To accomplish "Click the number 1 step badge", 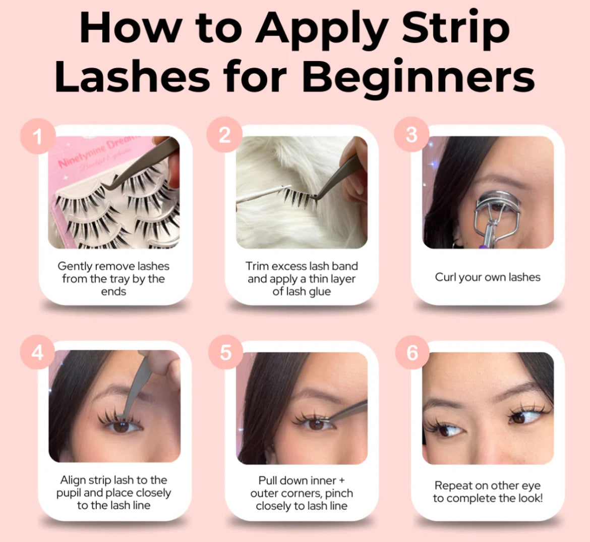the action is click(x=38, y=136).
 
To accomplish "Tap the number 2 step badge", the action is click(x=224, y=134).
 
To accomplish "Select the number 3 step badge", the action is click(x=411, y=134).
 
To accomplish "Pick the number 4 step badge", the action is click(x=38, y=353).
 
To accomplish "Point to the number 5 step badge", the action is click(x=225, y=352).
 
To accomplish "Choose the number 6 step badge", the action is click(x=412, y=352).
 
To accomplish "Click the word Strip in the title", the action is click(x=456, y=29).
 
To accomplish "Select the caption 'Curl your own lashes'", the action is click(x=488, y=277).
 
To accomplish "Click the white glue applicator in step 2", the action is click(x=264, y=194).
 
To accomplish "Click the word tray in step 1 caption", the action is click(x=120, y=279).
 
